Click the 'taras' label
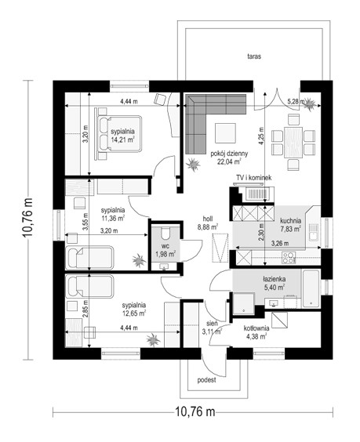click(x=254, y=56)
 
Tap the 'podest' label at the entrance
click(x=206, y=380)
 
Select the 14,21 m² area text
click(x=122, y=139)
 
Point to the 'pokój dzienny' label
click(x=229, y=154)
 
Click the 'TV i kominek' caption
click(x=253, y=178)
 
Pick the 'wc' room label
click(x=165, y=246)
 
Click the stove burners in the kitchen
click(x=289, y=258)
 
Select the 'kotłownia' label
click(x=256, y=328)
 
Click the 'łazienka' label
click(x=274, y=279)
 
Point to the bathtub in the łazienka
click(x=311, y=288)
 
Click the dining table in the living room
click(x=293, y=143)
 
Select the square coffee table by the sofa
click(x=225, y=133)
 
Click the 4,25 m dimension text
click(x=261, y=136)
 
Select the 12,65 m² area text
click(x=134, y=313)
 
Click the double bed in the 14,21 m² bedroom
click(x=118, y=134)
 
